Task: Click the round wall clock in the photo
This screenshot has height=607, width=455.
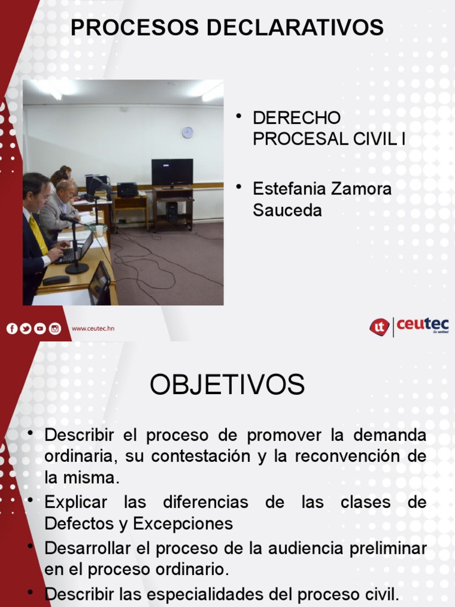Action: coord(187,132)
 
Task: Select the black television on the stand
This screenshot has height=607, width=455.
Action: coord(172,172)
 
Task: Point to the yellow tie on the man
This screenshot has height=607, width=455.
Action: coord(39,234)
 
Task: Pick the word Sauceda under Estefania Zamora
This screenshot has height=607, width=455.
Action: coord(287,210)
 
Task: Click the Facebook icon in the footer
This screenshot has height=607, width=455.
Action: coord(12,328)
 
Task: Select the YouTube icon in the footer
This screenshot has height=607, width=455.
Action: coord(40,328)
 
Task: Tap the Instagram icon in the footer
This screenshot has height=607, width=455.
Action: coord(55,328)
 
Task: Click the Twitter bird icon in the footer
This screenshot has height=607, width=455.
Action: coord(26,328)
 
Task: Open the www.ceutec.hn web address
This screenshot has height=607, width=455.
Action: coord(93,328)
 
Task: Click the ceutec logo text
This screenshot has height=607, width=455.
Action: coord(422,325)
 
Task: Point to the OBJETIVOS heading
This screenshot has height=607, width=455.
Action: coord(227,385)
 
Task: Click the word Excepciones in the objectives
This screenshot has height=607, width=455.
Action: coord(183,524)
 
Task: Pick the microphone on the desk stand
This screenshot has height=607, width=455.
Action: coord(68,218)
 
